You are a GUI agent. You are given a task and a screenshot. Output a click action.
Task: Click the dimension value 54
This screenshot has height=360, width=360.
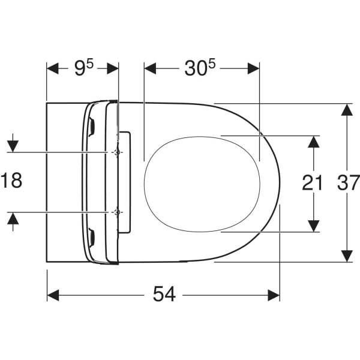pos(164,295)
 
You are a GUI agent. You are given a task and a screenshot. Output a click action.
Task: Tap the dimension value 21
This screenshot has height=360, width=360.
pos(313,182)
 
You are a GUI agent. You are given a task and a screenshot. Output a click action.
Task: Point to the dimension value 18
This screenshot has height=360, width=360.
pos(11,181)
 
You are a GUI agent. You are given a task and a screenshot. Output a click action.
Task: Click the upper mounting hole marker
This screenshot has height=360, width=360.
pos(118,152)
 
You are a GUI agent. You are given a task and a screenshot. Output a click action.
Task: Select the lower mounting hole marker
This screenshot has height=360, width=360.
pos(118,212)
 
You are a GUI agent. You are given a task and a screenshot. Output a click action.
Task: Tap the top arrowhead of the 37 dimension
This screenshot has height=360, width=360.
pos(346,110)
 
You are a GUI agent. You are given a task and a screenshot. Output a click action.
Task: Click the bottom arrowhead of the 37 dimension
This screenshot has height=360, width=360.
pos(346,256)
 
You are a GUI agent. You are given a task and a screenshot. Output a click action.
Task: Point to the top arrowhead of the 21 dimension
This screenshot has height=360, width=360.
pos(313,142)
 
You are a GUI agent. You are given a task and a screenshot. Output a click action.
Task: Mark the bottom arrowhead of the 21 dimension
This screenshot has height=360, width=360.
pos(313,225)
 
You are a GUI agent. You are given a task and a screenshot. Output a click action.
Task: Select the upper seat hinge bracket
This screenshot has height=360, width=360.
pos(92,126)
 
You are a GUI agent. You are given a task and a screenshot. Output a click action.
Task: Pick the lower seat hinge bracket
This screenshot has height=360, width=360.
pos(92,238)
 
